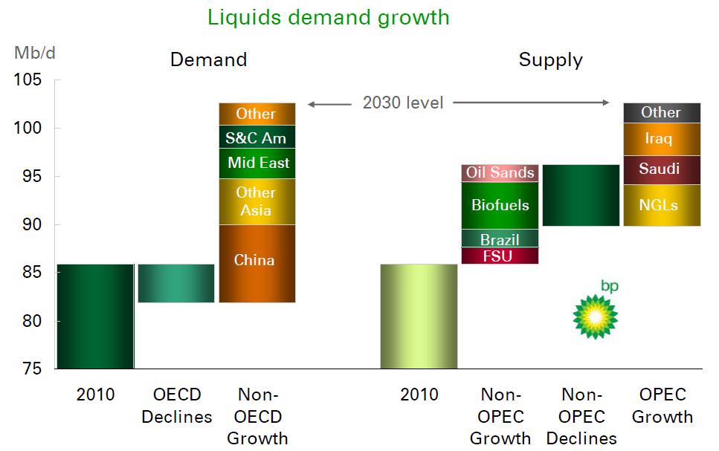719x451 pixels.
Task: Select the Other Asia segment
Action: pos(257,201)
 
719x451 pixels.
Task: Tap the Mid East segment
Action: pos(257,163)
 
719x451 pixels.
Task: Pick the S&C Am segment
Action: pos(257,137)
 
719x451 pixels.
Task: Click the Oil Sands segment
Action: pos(500,172)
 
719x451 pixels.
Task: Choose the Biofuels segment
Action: pos(500,205)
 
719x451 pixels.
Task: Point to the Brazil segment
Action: pos(500,239)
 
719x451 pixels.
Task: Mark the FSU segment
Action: pos(500,256)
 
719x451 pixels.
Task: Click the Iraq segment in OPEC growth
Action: pos(661,139)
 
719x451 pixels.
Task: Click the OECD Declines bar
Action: pos(176,283)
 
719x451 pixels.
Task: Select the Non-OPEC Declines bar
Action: pos(581,195)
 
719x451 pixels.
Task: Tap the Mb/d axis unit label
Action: pos(30,53)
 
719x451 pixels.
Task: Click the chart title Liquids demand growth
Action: pos(329,17)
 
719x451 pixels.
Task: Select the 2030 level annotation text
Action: pos(403,103)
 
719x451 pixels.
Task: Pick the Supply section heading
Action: pos(550,60)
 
